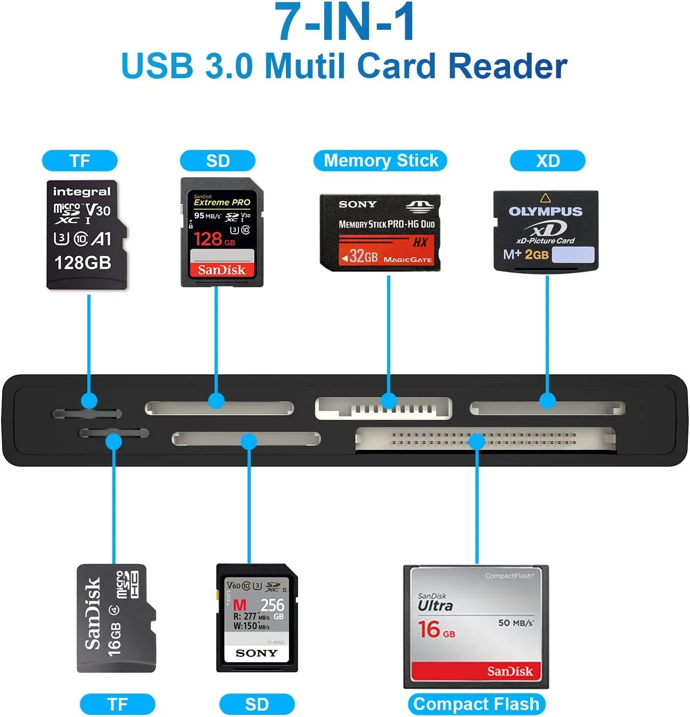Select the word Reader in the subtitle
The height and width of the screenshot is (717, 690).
507,66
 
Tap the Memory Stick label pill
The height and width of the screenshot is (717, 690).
380,161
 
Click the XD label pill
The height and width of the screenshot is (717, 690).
547,161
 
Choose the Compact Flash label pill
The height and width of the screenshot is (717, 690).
477,704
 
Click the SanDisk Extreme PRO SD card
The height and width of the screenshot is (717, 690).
222,232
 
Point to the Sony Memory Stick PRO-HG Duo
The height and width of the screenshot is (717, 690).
380,232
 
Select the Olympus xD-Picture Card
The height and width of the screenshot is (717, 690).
546,231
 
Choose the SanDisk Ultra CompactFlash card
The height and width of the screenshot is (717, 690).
476,627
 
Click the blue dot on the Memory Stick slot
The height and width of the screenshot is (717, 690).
389,401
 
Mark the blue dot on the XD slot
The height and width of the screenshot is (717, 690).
547,401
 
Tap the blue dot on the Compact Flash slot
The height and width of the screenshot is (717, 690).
477,440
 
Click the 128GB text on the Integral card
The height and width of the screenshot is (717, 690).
83,263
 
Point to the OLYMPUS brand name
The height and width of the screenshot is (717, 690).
545,212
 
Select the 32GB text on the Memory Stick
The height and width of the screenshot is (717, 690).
363,257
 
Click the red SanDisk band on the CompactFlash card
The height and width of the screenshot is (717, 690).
476,671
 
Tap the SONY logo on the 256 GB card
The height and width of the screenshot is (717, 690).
257,653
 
